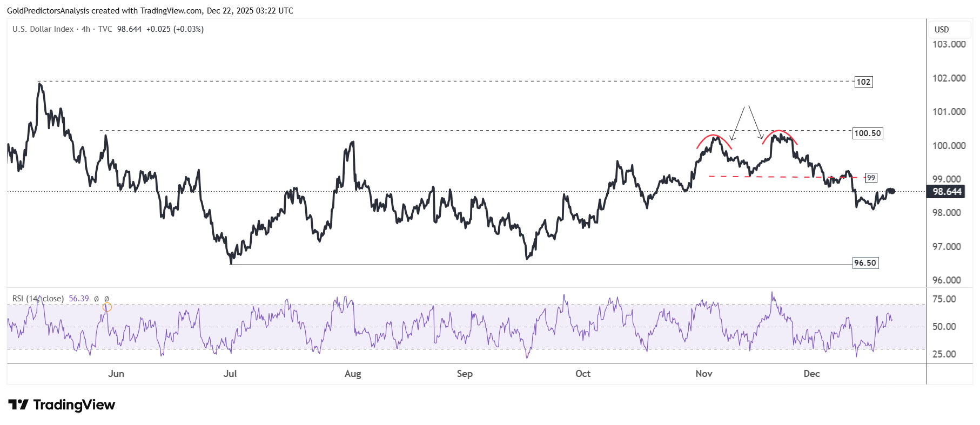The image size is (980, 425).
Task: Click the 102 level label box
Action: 863,82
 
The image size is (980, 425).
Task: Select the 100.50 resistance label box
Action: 868,133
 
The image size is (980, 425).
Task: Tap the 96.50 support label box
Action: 865,263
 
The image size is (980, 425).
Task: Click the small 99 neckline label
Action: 871,178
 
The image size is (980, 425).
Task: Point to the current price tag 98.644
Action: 947,192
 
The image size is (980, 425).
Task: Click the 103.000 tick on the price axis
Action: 949,44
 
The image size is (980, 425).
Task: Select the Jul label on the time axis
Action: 230,374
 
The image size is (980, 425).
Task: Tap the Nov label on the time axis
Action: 704,374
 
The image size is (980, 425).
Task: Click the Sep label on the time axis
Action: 465,374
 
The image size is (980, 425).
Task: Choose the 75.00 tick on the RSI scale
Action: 944,299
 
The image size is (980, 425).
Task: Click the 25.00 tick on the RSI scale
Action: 944,354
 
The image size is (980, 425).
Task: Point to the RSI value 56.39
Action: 79,299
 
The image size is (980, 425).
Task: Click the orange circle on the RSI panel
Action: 107,307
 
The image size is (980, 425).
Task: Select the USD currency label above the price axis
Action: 942,30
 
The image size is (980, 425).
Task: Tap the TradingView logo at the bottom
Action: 62,405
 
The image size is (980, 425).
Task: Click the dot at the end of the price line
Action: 892,191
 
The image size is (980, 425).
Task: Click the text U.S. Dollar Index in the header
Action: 43,29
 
